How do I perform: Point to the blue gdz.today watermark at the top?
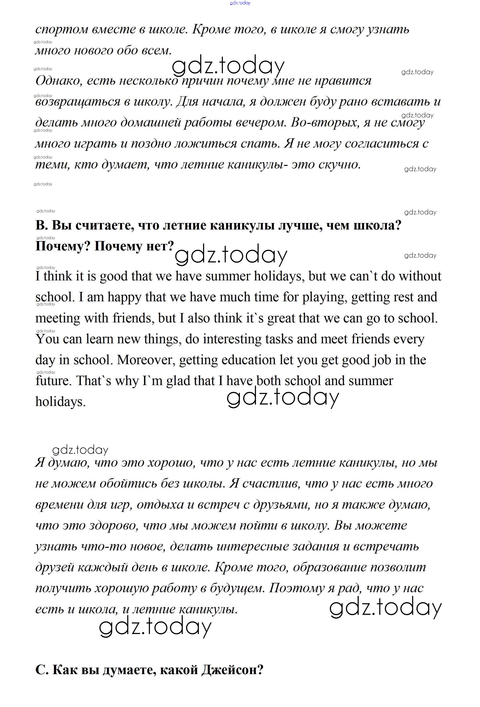click(240, 3)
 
